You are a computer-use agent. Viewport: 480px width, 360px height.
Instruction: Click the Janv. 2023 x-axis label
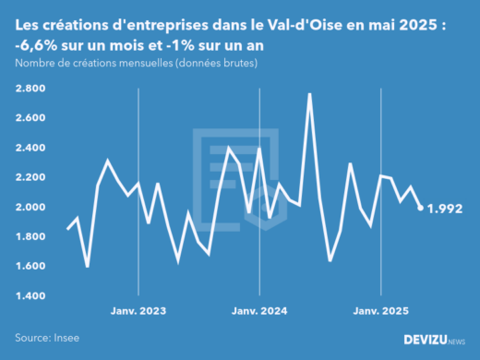pos(138,311)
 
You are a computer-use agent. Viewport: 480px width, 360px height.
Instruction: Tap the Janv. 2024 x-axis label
pos(259,311)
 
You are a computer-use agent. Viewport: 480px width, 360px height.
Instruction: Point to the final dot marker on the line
pos(421,208)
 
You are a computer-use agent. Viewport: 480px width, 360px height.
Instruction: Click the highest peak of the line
pos(309,94)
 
